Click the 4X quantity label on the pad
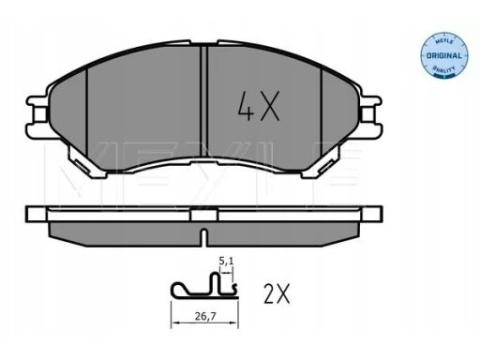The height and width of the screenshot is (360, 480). point(258,106)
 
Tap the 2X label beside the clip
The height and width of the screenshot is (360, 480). point(277,293)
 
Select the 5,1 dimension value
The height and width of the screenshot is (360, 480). point(226,261)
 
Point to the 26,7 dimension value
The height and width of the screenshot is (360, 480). point(205,317)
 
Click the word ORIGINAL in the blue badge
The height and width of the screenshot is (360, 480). point(443,56)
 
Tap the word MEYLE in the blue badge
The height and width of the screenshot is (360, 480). point(443,42)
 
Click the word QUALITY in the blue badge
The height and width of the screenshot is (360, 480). point(443,69)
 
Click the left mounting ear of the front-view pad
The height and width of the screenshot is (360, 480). point(37,116)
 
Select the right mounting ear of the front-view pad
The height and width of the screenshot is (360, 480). point(370,116)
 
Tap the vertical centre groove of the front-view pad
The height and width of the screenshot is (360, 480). point(203,101)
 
